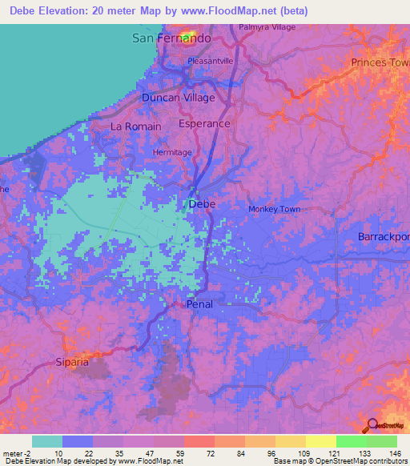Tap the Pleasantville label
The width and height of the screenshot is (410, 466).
210,60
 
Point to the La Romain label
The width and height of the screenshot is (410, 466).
135,127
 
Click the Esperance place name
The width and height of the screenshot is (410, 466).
204,124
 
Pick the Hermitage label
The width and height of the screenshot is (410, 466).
172,152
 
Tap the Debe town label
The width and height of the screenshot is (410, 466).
202,204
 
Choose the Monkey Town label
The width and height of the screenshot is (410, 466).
274,209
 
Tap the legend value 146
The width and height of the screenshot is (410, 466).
394,452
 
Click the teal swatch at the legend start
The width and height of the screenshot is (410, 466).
47,441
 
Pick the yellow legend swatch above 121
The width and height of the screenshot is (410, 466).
321,441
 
